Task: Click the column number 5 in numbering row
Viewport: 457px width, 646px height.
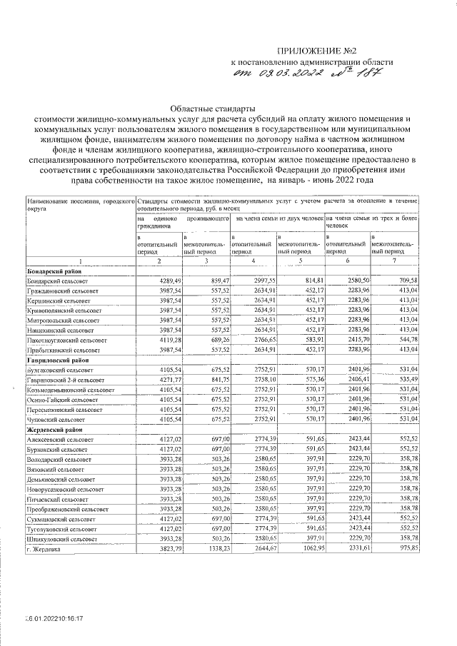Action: [301, 263]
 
